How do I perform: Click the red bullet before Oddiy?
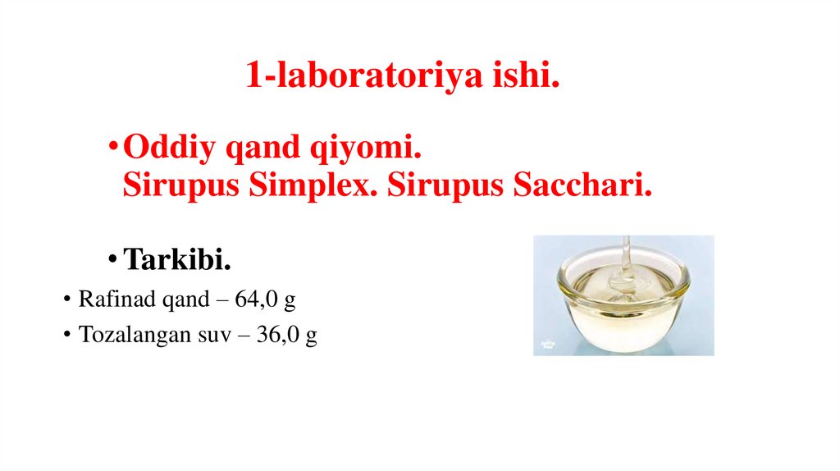pos(112,152)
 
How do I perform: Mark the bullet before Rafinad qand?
pos(66,300)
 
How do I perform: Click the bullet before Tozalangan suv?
pos(66,336)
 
